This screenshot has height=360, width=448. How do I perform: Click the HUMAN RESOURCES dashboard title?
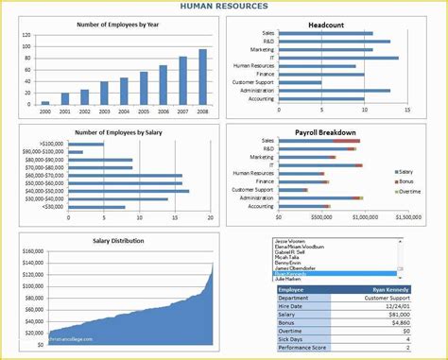click(x=224, y=7)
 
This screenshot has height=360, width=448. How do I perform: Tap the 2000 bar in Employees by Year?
click(x=44, y=102)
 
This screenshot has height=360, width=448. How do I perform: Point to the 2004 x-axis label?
click(x=124, y=111)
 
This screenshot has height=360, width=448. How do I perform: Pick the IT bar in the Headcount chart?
click(x=339, y=58)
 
